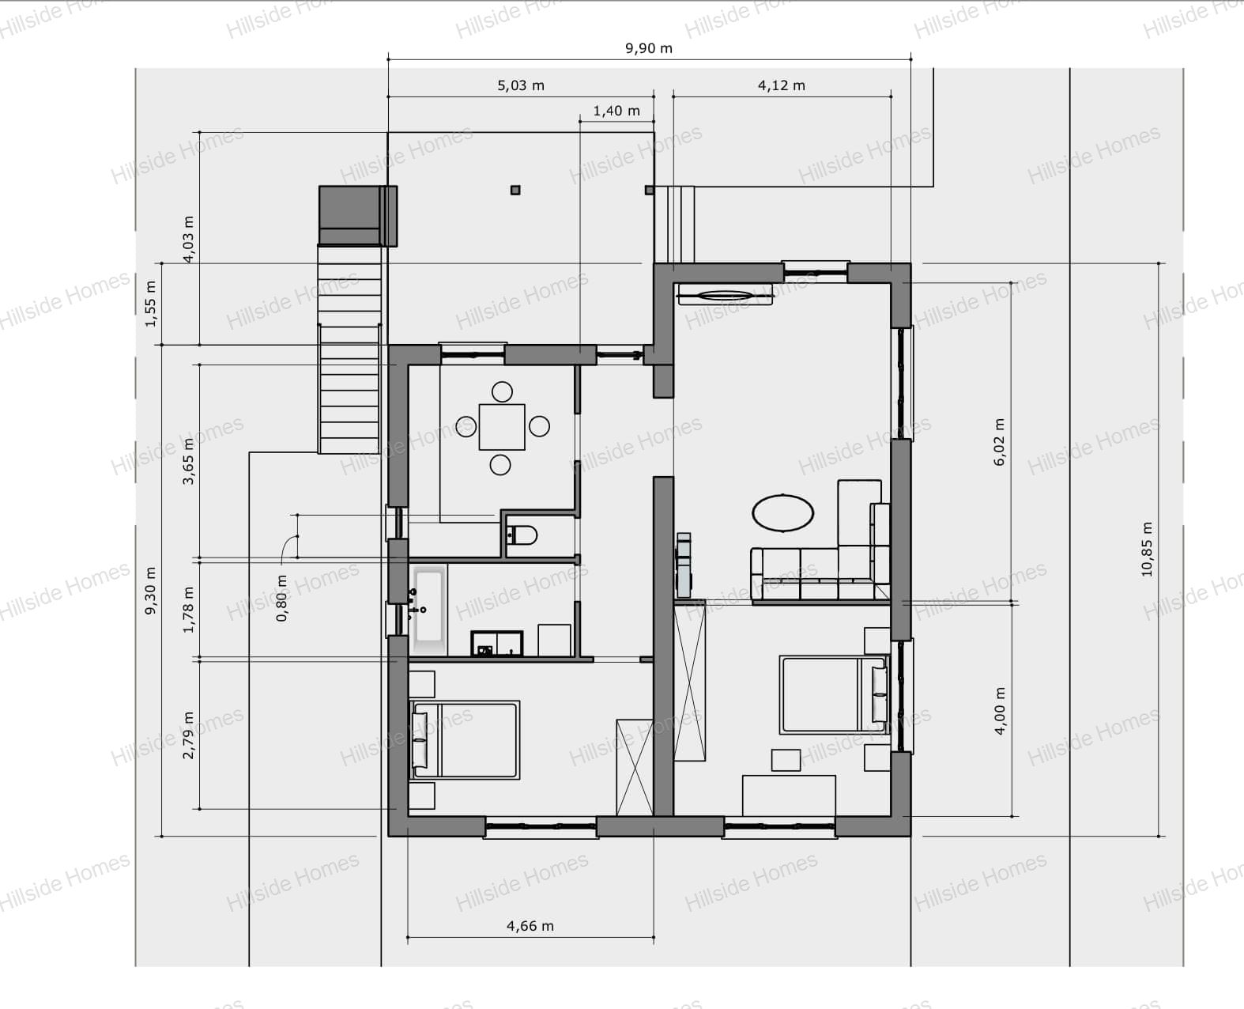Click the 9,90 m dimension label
click(x=649, y=48)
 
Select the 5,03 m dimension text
click(x=521, y=86)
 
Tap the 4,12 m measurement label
click(x=782, y=86)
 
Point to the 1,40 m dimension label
click(x=616, y=111)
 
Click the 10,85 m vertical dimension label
click(x=1147, y=550)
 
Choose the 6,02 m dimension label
click(x=999, y=442)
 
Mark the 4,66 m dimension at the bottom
click(x=530, y=926)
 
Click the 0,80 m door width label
click(x=281, y=599)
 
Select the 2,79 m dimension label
click(x=188, y=735)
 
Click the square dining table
click(x=502, y=427)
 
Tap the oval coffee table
click(x=782, y=513)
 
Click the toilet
click(x=522, y=535)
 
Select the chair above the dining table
click(x=503, y=392)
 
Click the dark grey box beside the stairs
click(x=358, y=216)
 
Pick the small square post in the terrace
click(x=515, y=190)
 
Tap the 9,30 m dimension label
click(x=151, y=591)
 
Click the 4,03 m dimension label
click(x=188, y=240)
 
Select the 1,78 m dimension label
click(x=188, y=610)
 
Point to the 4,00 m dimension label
click(x=1000, y=711)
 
